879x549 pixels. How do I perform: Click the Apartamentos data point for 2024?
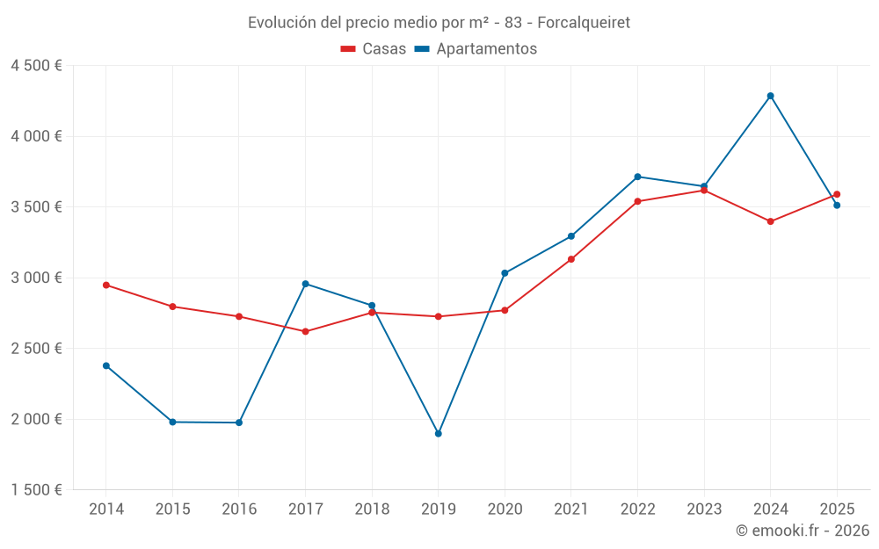click(x=770, y=96)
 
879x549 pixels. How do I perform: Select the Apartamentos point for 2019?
click(x=438, y=433)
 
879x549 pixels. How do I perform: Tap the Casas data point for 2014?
click(x=106, y=285)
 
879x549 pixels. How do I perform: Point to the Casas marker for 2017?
click(x=305, y=331)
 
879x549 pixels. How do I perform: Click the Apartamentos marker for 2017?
click(x=305, y=284)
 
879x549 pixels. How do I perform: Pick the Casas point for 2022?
click(x=637, y=201)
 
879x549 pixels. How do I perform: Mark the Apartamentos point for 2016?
click(x=239, y=423)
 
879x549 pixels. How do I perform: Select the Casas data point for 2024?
click(x=770, y=221)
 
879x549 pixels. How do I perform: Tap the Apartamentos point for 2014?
click(x=106, y=365)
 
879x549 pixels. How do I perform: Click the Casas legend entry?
click(x=374, y=49)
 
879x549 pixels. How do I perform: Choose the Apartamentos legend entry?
click(x=476, y=49)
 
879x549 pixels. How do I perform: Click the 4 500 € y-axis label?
click(x=36, y=66)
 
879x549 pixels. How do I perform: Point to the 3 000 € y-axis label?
click(x=36, y=278)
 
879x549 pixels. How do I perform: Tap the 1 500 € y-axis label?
click(x=36, y=490)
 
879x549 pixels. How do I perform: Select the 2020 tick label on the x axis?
click(x=505, y=509)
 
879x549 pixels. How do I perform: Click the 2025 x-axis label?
click(x=837, y=509)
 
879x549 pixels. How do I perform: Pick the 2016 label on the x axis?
click(x=239, y=509)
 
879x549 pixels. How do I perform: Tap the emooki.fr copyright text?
click(x=803, y=531)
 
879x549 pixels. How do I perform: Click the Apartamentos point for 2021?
click(x=570, y=236)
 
